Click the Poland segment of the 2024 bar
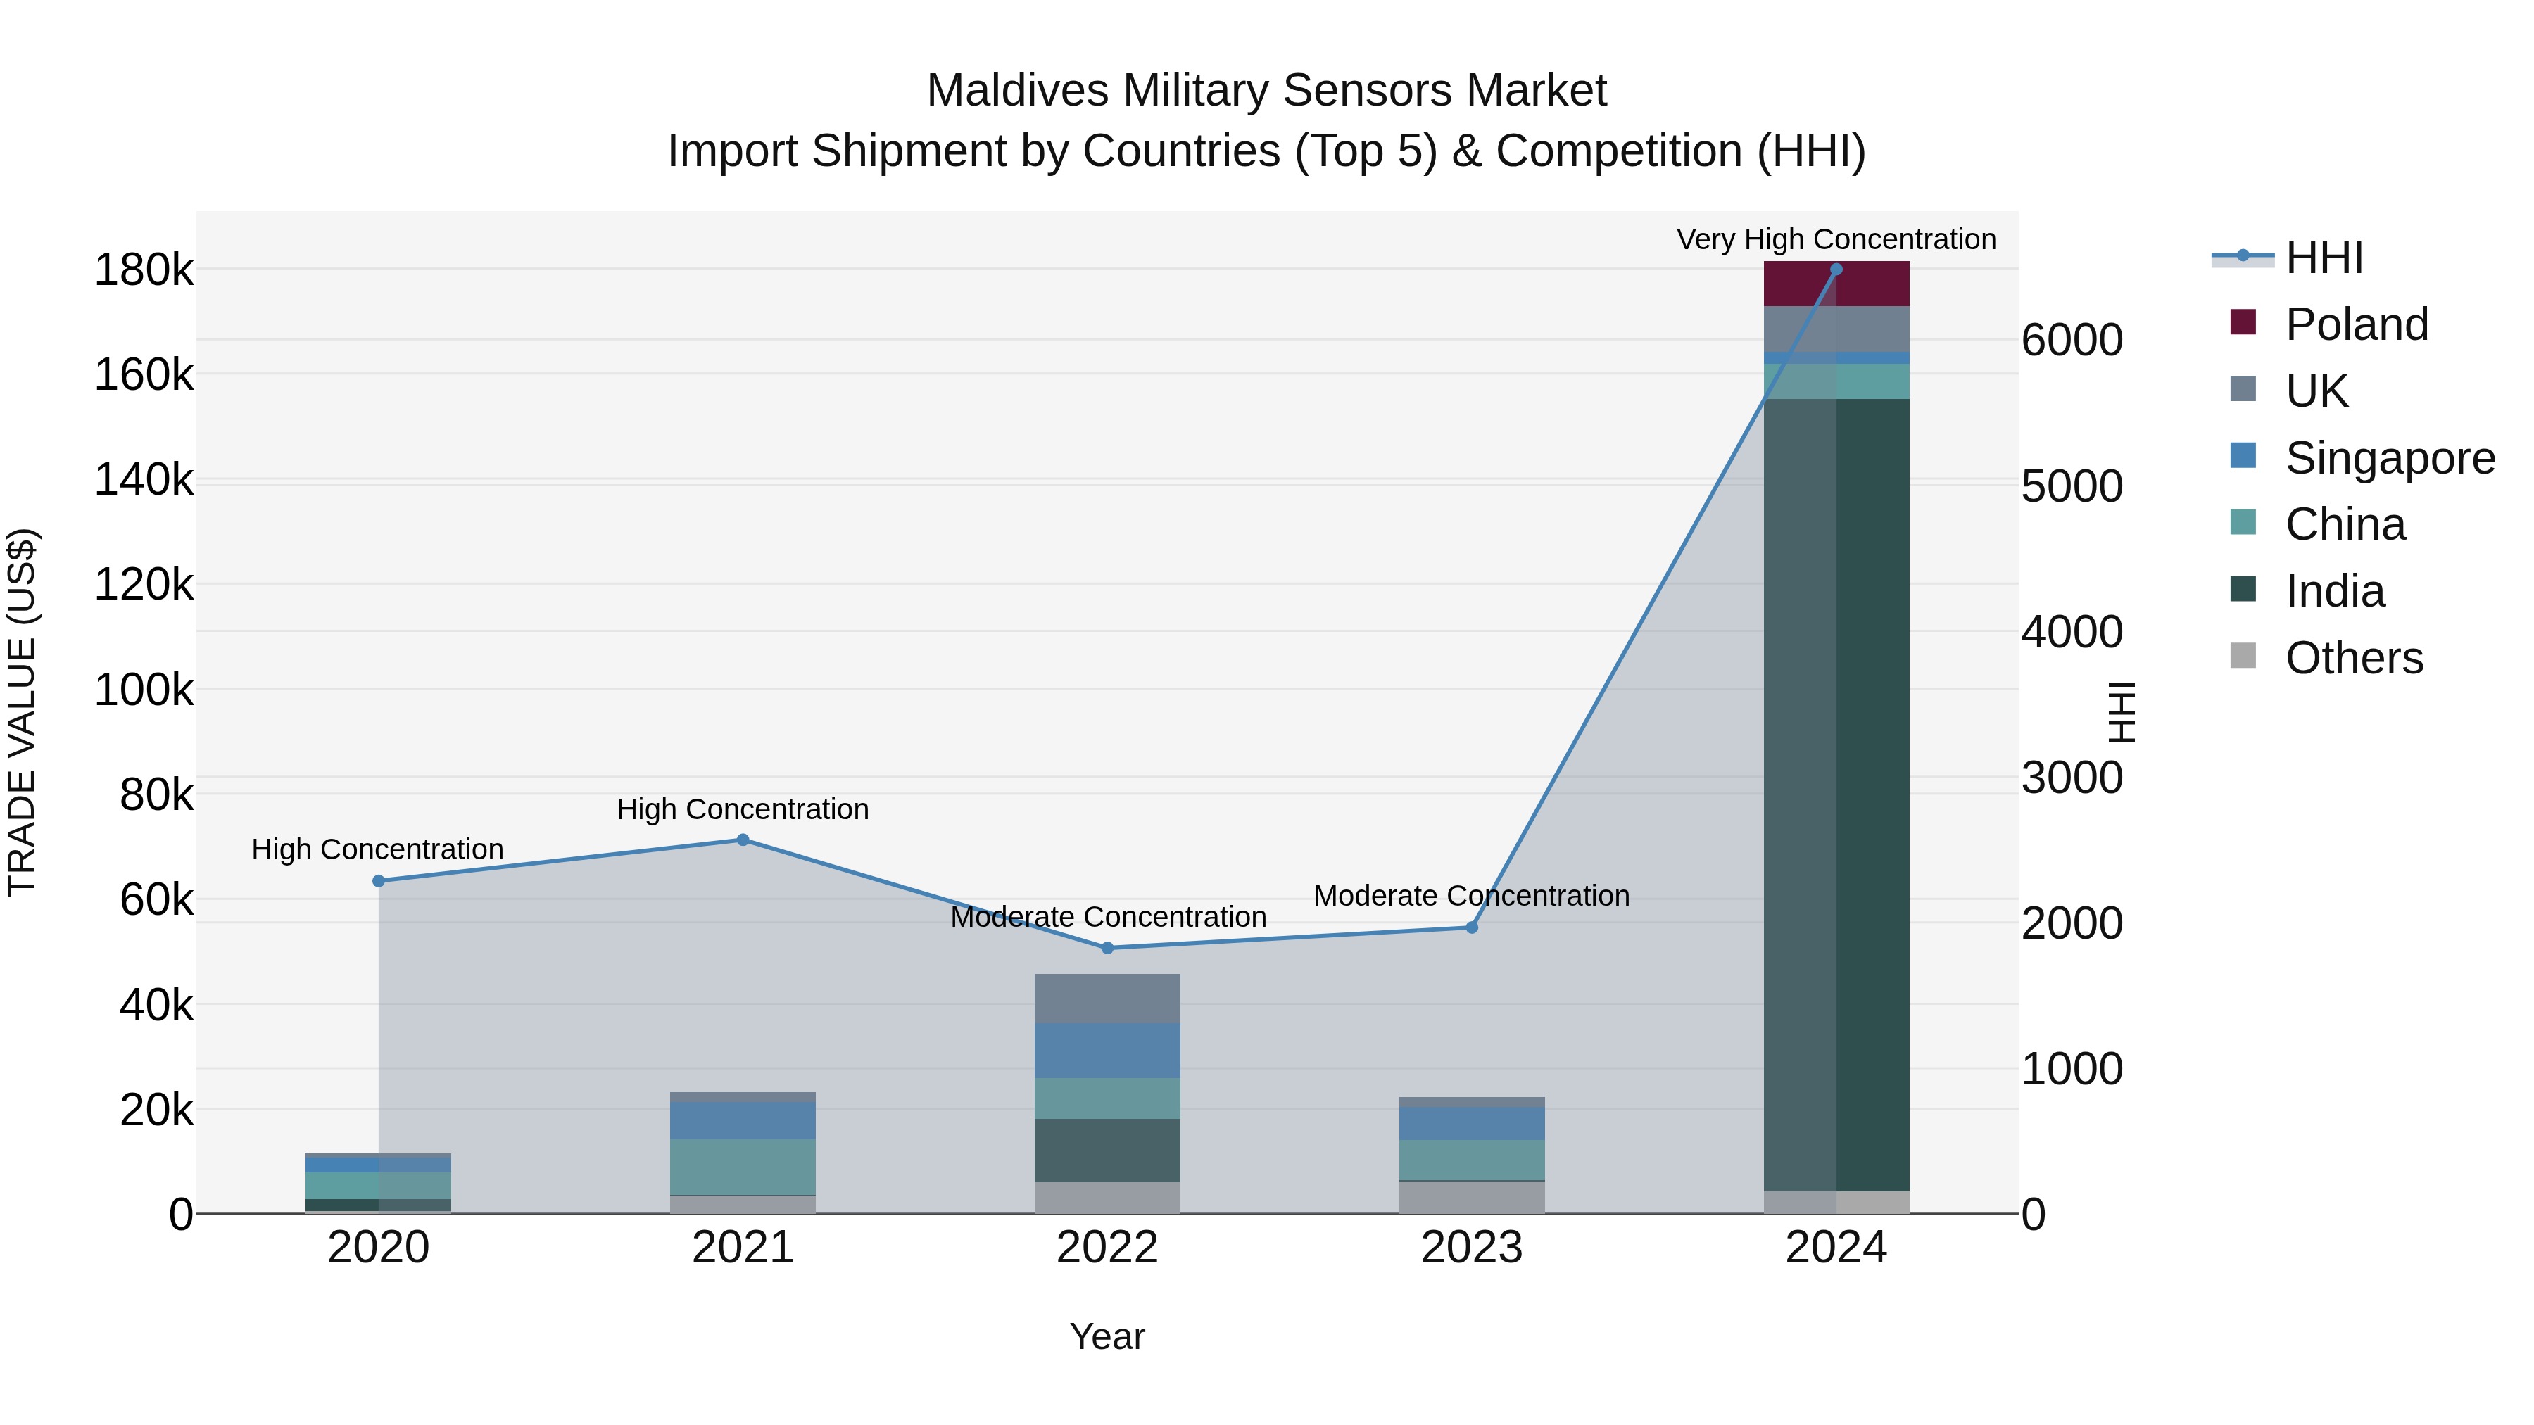tap(1836, 285)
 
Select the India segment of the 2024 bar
tap(1836, 794)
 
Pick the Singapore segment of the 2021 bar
tap(743, 1120)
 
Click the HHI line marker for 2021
tap(743, 840)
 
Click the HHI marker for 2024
tap(1836, 270)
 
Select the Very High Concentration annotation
tap(1836, 239)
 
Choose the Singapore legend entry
tap(2390, 458)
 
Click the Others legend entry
tap(2353, 658)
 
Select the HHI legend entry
tap(2323, 258)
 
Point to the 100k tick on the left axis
tap(144, 690)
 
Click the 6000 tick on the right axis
tap(2072, 341)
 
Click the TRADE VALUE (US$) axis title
tap(23, 712)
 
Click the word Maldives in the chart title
tap(1017, 91)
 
